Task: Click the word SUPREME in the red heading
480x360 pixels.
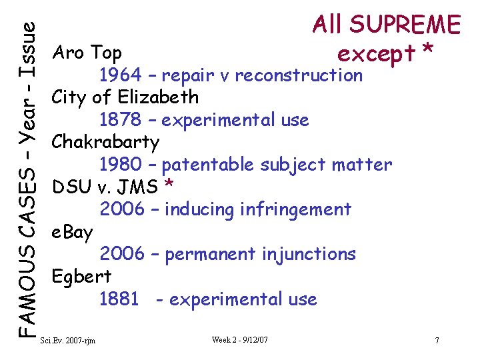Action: point(405,25)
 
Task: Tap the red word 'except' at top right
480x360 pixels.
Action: point(375,53)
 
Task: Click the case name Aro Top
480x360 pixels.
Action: point(87,52)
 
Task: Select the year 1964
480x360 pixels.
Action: point(121,75)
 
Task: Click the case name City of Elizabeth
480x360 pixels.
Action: point(125,97)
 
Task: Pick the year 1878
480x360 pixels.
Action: point(121,120)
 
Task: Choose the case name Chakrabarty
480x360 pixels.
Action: point(105,142)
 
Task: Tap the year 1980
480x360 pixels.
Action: point(121,165)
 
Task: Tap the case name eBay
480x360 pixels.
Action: point(73,232)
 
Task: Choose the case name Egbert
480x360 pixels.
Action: point(81,277)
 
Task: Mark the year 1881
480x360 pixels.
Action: point(120,299)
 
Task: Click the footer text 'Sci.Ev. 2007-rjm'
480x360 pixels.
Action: point(68,341)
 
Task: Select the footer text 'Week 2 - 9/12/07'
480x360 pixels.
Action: point(240,340)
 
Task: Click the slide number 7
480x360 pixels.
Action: point(437,341)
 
